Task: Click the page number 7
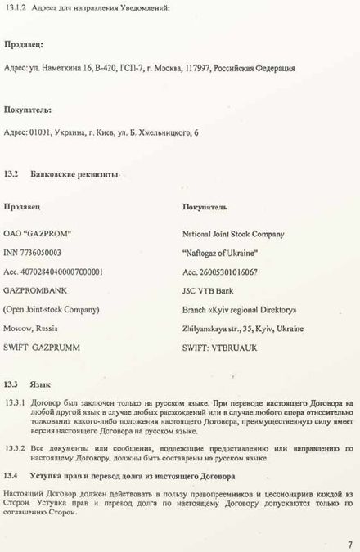click(349, 542)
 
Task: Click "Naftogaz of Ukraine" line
click(220, 253)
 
